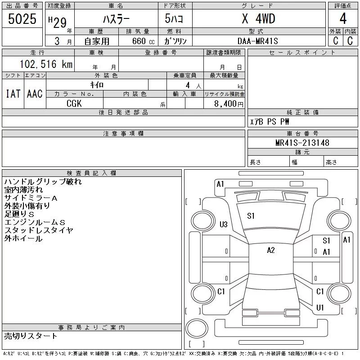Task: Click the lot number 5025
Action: point(22,19)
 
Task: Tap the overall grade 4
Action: point(343,18)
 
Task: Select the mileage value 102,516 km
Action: point(46,64)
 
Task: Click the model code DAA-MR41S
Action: point(257,41)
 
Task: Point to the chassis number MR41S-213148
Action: point(302,143)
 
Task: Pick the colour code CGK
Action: point(74,103)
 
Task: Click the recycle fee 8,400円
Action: point(229,104)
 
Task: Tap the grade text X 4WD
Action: point(258,18)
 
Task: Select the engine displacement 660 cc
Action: point(143,41)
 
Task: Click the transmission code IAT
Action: point(13,94)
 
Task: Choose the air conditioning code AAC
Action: point(35,94)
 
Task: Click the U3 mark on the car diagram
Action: point(223,224)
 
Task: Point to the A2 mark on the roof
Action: point(271,250)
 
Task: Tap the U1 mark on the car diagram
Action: point(320,307)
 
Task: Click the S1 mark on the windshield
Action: point(251,216)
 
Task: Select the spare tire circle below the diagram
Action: point(197,328)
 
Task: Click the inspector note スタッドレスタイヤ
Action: point(39,230)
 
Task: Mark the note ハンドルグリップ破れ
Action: point(43,182)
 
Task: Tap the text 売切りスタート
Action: point(31,336)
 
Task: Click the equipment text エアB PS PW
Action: point(269,121)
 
